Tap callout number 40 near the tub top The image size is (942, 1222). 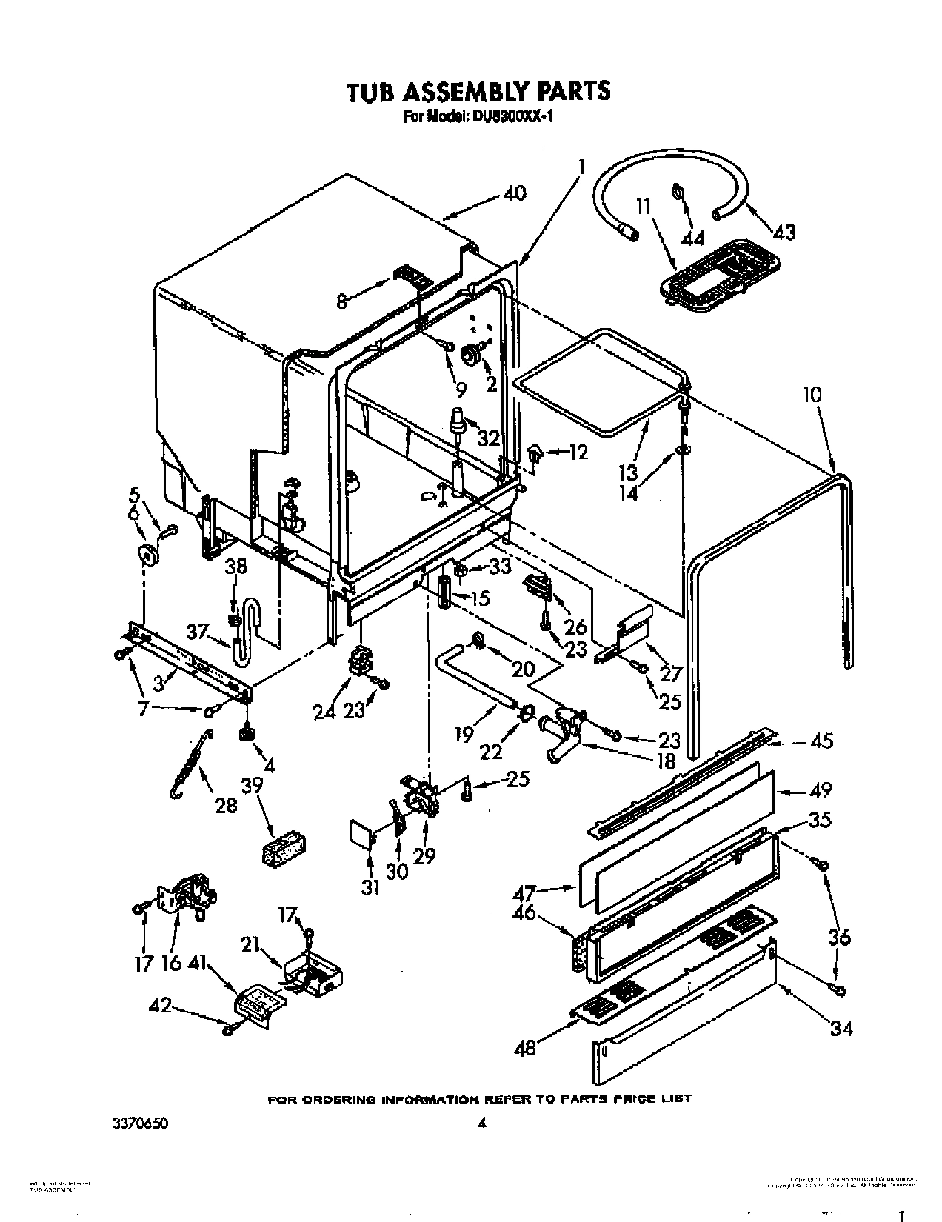514,193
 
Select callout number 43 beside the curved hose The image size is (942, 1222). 784,232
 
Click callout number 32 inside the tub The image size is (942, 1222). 488,438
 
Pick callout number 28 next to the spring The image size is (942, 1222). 226,804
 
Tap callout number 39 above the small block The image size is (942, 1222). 253,786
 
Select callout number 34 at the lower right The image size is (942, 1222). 840,1027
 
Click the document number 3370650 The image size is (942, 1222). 141,1123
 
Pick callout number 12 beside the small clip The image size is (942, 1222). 578,452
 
